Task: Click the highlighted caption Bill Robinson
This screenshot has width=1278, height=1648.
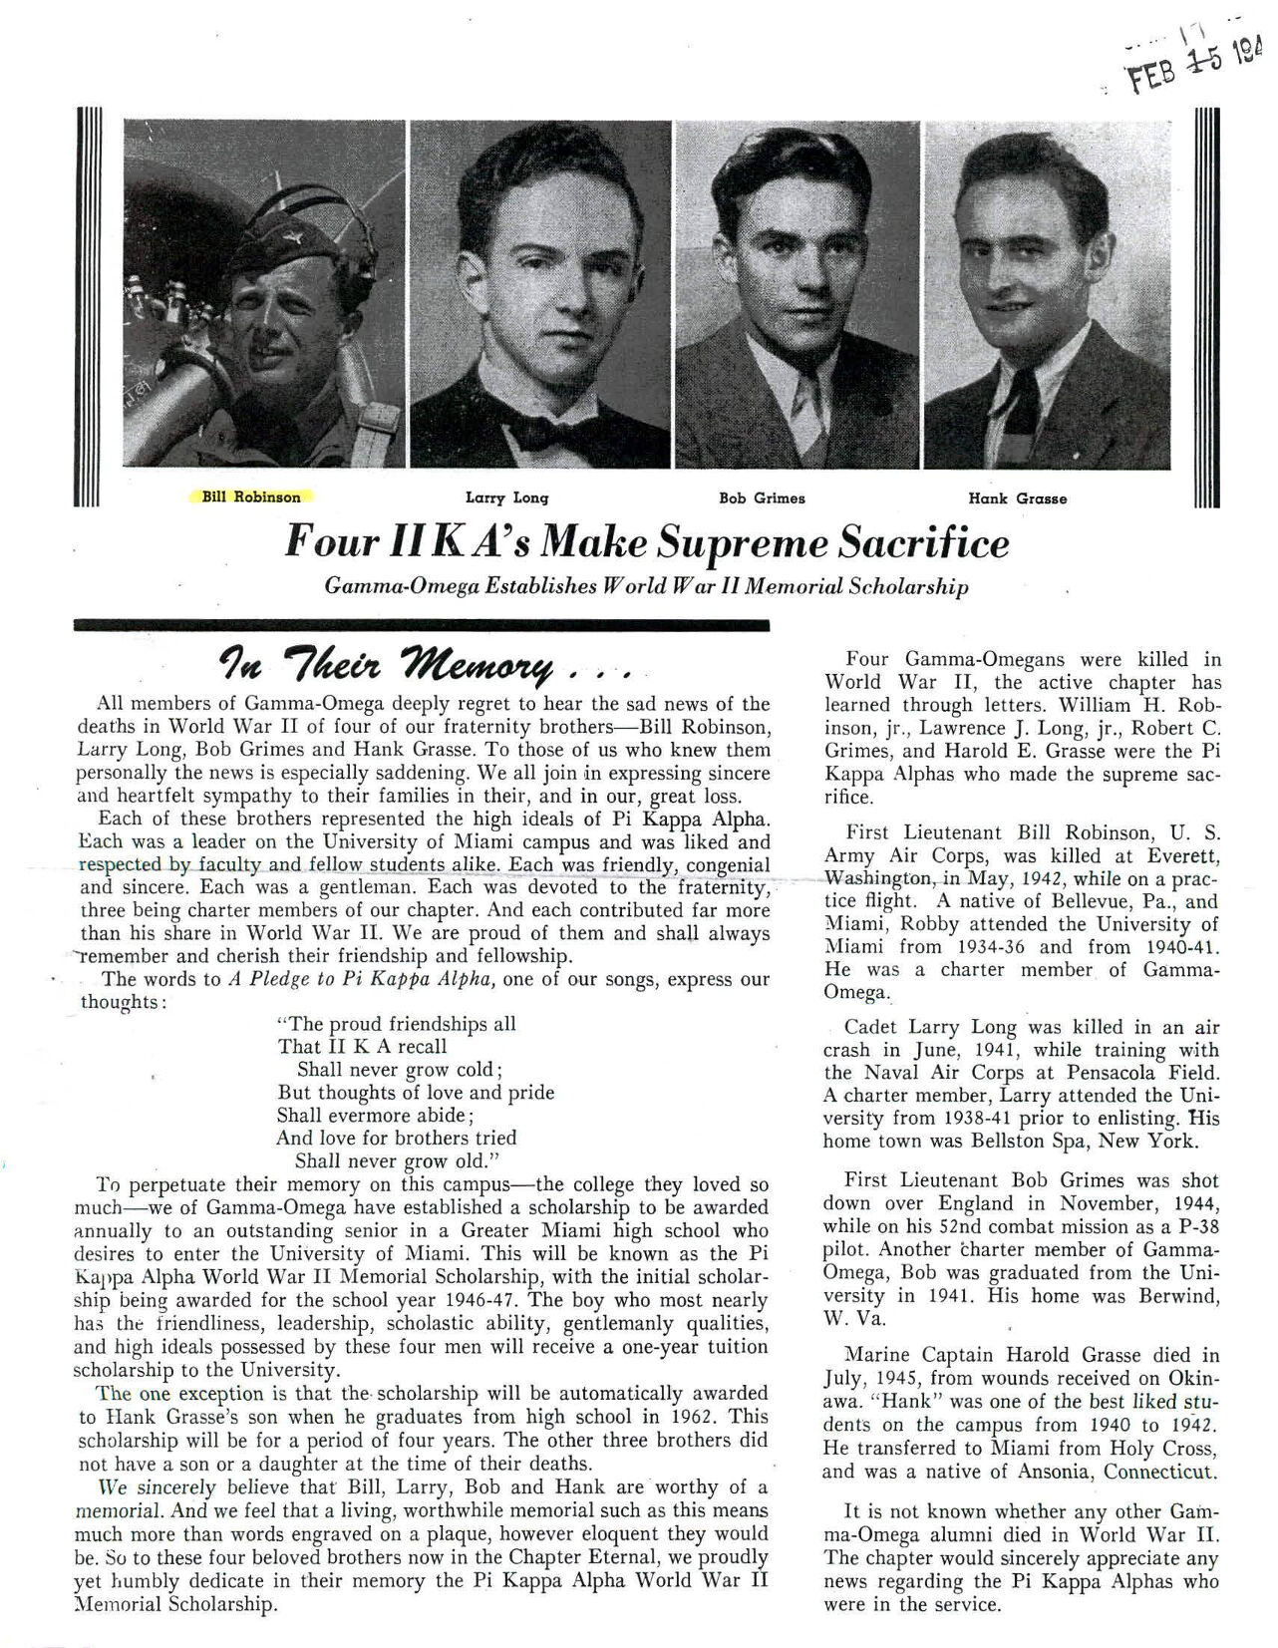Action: point(250,496)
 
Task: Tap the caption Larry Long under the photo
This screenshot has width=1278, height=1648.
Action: point(506,497)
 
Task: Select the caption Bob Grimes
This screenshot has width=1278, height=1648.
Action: point(762,497)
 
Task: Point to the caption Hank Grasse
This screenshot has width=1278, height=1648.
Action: point(1017,498)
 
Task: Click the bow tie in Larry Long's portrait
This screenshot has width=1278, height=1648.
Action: point(539,432)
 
